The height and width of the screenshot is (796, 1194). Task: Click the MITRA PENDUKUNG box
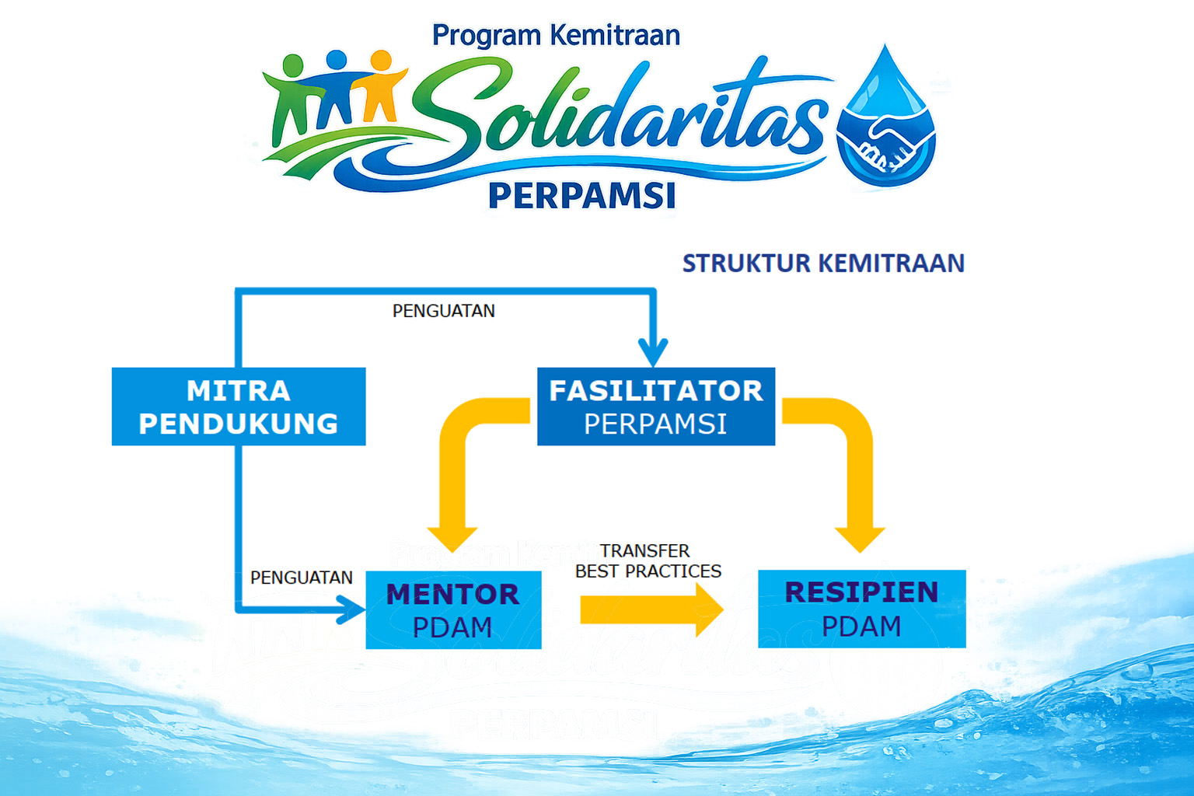[x=239, y=407]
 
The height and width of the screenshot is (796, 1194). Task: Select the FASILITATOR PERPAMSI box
[x=656, y=407]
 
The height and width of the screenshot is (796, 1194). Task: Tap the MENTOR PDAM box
[x=453, y=610]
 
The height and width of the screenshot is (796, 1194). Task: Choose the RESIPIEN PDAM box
[x=861, y=609]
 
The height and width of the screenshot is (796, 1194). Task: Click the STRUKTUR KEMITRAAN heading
[x=823, y=264]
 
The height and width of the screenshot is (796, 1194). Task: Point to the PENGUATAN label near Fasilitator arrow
[x=443, y=311]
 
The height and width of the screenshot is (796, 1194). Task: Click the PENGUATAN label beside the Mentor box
[x=301, y=578]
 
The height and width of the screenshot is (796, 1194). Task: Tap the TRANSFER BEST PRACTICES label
[x=648, y=561]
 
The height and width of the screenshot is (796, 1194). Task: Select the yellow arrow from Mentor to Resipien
[x=650, y=610]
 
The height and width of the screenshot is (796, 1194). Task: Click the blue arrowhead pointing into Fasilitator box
[x=653, y=351]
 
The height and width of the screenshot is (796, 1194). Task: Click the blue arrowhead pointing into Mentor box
[x=350, y=609]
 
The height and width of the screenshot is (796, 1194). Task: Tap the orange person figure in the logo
[x=380, y=86]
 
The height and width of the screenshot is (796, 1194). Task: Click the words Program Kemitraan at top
[x=556, y=36]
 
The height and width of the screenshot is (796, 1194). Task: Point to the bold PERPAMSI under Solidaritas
[x=582, y=196]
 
